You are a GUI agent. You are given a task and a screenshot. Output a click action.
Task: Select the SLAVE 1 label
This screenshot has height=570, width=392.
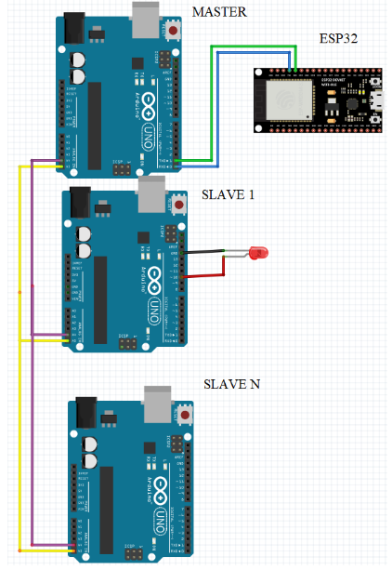point(226,194)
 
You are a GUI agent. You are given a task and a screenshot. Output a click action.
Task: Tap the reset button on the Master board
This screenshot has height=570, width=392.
point(174,32)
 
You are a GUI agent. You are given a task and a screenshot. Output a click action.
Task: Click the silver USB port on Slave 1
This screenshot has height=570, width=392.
point(150,194)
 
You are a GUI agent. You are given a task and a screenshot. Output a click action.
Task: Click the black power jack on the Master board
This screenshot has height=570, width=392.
point(73,29)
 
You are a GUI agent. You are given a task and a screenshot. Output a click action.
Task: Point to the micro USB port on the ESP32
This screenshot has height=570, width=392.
point(378,99)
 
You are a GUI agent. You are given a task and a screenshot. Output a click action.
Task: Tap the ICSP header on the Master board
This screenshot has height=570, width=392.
point(124,168)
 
